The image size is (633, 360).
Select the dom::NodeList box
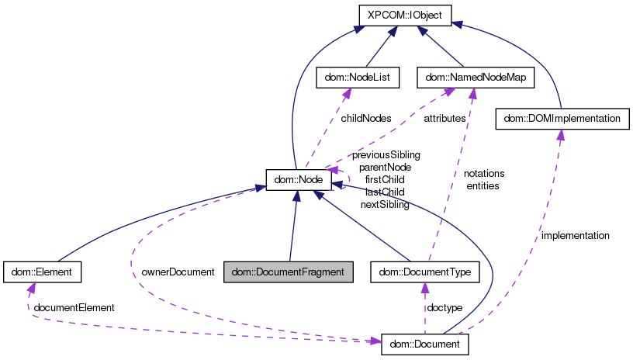(358, 77)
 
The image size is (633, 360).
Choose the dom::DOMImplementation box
(561, 119)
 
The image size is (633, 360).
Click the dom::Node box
(299, 180)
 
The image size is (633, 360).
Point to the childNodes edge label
(365, 119)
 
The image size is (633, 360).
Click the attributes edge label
(444, 119)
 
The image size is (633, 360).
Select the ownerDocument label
(178, 272)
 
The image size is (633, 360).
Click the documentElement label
(74, 308)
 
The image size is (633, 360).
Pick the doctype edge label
(445, 308)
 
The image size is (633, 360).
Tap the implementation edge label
(575, 235)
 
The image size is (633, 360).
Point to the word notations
(484, 173)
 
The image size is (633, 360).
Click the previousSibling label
(386, 154)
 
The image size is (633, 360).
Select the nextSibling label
(385, 204)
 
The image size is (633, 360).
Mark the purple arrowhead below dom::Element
(31, 288)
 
